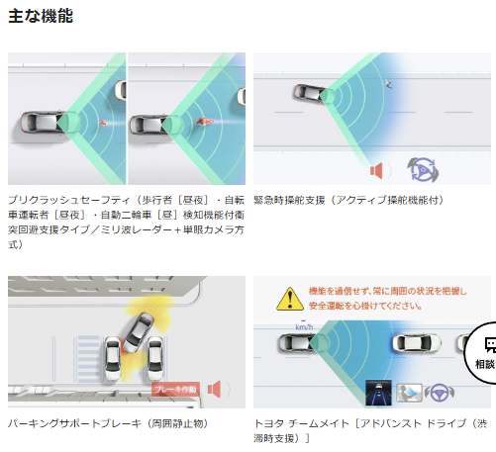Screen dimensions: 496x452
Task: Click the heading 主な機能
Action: (x=41, y=16)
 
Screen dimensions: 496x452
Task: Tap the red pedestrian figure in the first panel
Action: (x=103, y=124)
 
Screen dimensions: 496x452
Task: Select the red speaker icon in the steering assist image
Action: (x=377, y=171)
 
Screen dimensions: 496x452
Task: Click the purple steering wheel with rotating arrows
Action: (x=423, y=170)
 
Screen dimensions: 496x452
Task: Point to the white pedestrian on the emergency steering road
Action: (x=388, y=84)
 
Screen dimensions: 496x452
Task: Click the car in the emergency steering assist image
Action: (x=310, y=93)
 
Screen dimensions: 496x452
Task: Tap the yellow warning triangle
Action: (x=290, y=299)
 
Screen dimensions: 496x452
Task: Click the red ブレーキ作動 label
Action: (x=176, y=390)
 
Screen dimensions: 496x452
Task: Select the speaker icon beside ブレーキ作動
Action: (x=214, y=390)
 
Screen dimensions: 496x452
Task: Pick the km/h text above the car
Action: (x=304, y=327)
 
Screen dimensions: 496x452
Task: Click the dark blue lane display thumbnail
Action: (x=378, y=393)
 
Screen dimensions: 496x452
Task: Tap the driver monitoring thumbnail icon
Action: (x=409, y=393)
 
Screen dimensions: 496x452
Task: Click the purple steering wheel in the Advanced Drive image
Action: (x=440, y=393)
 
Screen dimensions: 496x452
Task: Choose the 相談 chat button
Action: (x=482, y=353)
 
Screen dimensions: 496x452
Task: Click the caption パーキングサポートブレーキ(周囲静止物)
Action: (x=108, y=423)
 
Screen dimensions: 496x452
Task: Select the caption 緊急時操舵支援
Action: (x=289, y=200)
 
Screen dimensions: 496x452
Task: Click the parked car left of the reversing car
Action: (x=113, y=358)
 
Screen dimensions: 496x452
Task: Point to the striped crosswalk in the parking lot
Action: (x=88, y=359)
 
